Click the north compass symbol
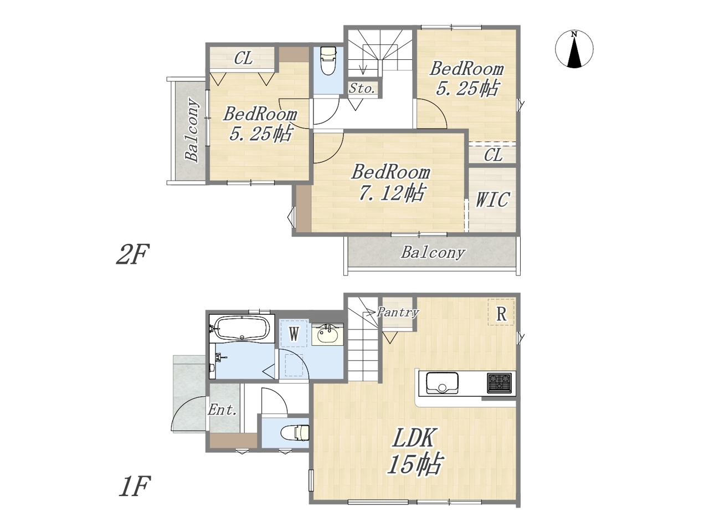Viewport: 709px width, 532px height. click(574, 49)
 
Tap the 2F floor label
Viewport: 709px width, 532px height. click(132, 254)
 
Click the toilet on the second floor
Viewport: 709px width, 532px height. click(328, 61)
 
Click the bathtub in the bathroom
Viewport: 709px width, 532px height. click(242, 328)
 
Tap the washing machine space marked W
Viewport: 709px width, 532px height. click(293, 334)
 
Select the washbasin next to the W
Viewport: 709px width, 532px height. click(327, 335)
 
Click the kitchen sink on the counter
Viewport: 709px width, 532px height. click(442, 383)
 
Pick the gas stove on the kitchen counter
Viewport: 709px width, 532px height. click(500, 383)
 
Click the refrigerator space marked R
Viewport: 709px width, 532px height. click(501, 312)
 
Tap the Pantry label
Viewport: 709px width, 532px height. click(398, 313)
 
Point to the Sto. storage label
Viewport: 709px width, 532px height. click(362, 88)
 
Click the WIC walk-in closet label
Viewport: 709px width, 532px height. click(492, 199)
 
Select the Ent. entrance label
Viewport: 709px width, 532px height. click(222, 410)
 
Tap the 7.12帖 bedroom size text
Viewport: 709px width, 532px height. click(391, 193)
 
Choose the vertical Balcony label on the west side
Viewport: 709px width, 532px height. click(192, 130)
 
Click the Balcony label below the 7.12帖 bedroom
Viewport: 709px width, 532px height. click(433, 253)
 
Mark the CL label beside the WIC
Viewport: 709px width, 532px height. click(493, 155)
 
